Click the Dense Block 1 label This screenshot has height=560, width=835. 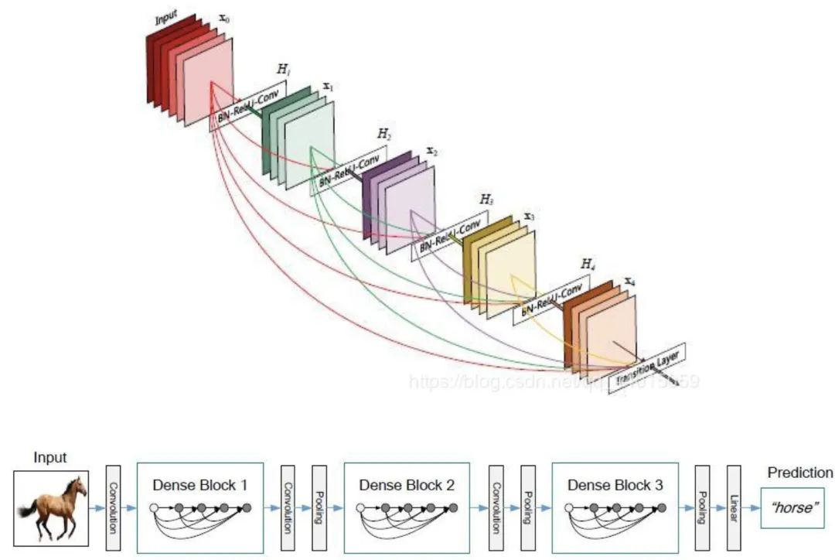click(200, 486)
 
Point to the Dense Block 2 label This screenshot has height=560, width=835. click(407, 486)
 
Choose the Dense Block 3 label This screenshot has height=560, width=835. click(615, 486)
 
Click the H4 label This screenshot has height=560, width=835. click(588, 265)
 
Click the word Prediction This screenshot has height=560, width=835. click(799, 473)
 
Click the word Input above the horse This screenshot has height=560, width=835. click(49, 458)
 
